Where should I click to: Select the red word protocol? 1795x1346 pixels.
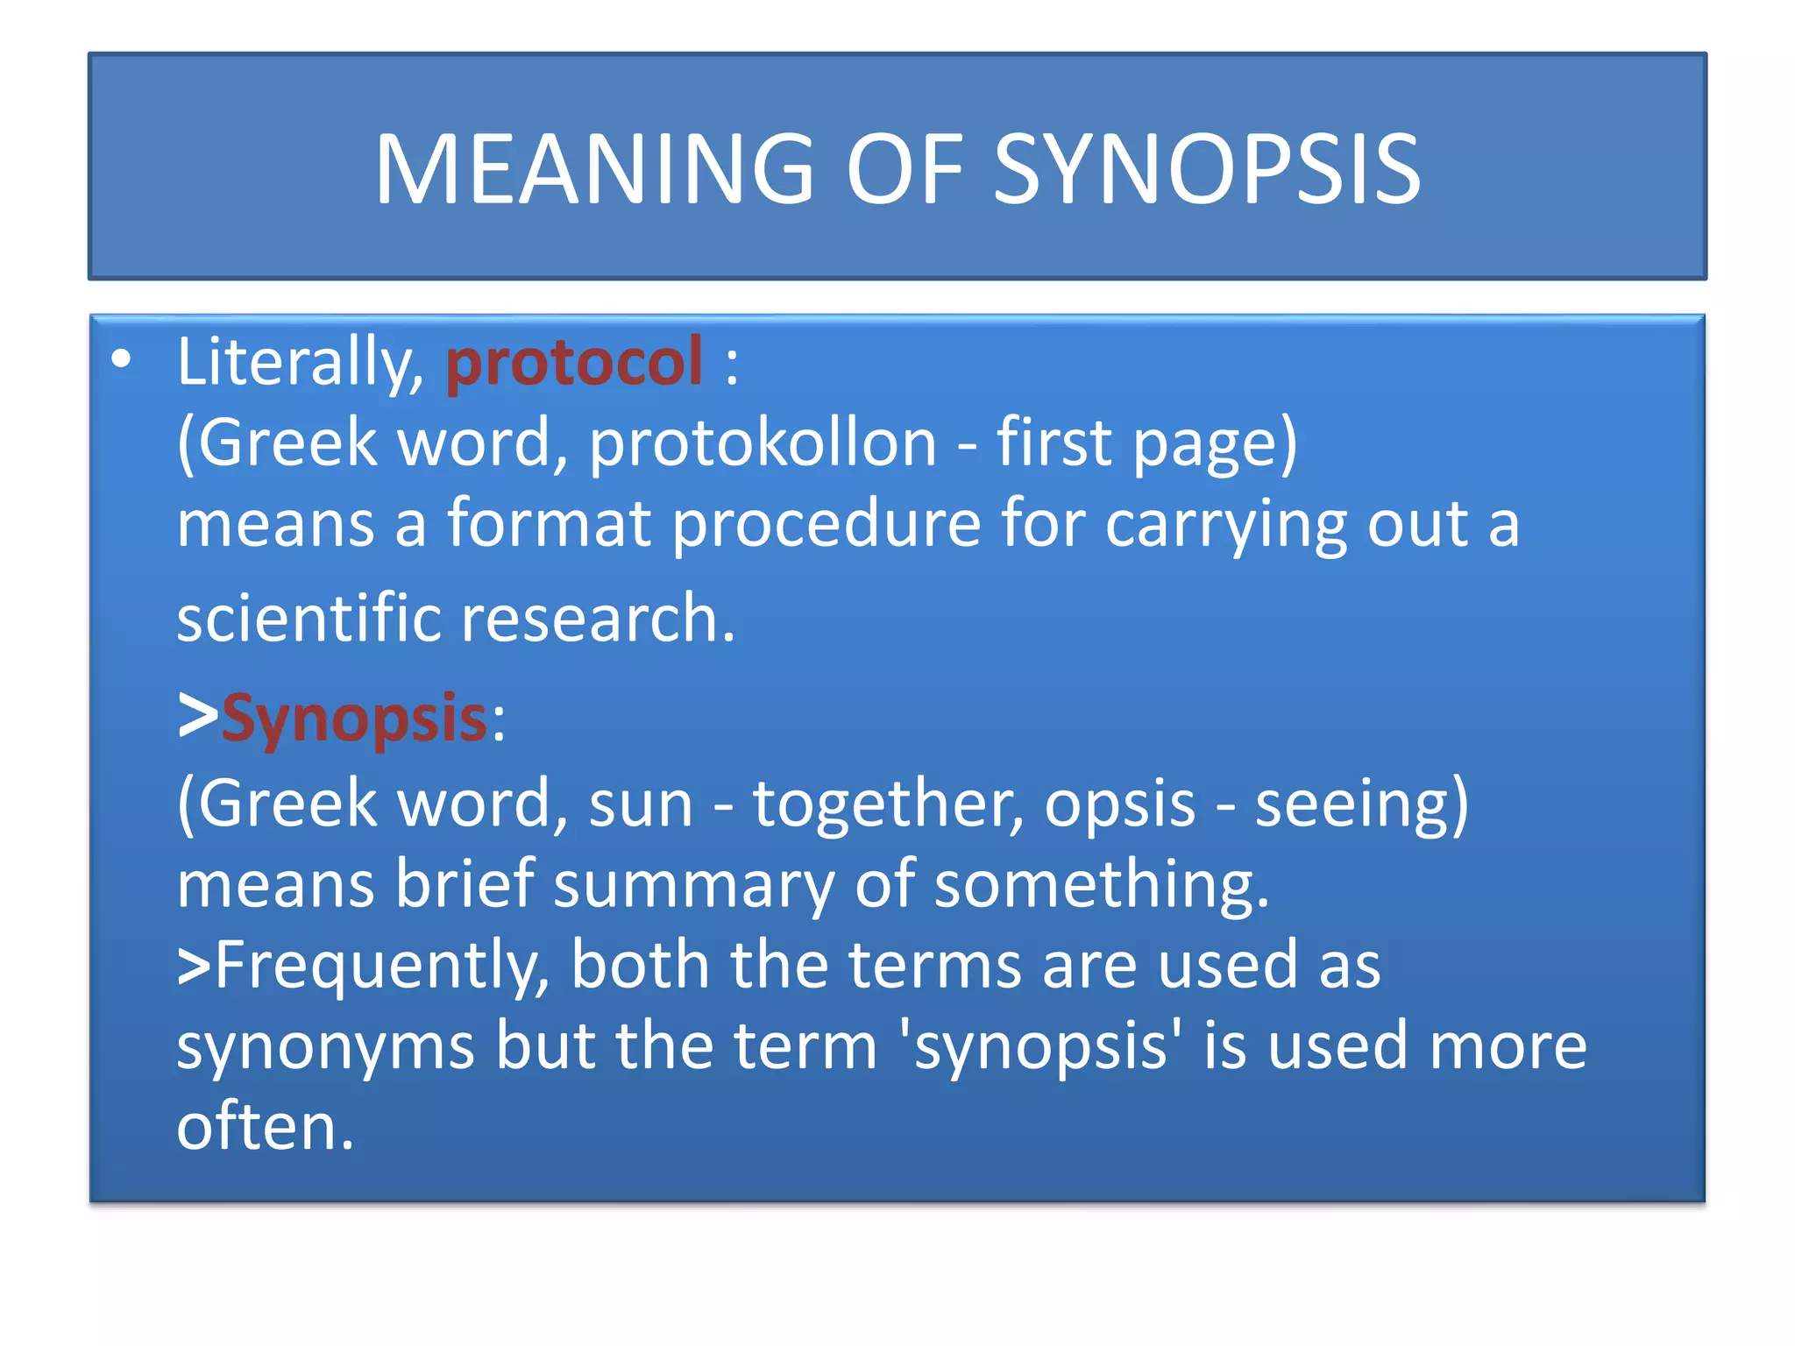click(x=574, y=361)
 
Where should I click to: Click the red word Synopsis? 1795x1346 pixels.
click(x=354, y=719)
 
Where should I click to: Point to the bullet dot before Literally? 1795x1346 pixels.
click(x=122, y=359)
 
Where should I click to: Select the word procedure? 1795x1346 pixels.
click(x=827, y=524)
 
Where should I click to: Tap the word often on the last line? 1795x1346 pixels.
click(x=265, y=1127)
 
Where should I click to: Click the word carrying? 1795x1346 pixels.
click(x=1225, y=524)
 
